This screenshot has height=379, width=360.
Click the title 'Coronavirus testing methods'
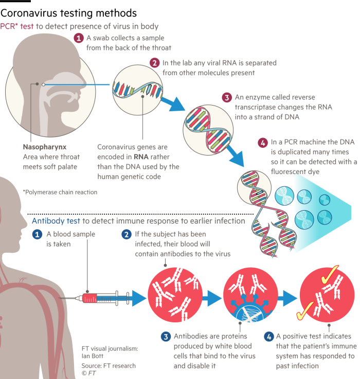pyautogui.click(x=68, y=13)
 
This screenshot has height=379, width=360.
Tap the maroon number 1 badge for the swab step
pyautogui.click(x=79, y=38)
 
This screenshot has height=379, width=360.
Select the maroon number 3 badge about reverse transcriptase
pyautogui.click(x=227, y=97)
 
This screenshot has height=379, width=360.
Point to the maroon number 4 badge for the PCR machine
pyautogui.click(x=263, y=143)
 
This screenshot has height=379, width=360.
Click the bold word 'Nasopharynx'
pyautogui.click(x=45, y=147)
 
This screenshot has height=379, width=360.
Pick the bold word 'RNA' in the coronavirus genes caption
pyautogui.click(x=141, y=157)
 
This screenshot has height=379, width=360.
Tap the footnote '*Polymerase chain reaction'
pyautogui.click(x=60, y=192)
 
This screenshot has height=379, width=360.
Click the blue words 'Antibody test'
pyautogui.click(x=56, y=221)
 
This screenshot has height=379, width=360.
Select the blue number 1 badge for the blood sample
pyautogui.click(x=37, y=234)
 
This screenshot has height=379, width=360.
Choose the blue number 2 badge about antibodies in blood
pyautogui.click(x=127, y=234)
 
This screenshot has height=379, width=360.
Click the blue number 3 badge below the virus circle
pyautogui.click(x=166, y=337)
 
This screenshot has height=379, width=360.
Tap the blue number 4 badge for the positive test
pyautogui.click(x=269, y=337)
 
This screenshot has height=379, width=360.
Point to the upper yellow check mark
pyautogui.click(x=330, y=274)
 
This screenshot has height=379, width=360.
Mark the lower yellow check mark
pyautogui.click(x=305, y=311)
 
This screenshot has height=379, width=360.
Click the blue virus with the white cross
pyautogui.click(x=251, y=310)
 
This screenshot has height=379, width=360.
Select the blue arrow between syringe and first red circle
pyautogui.click(x=139, y=298)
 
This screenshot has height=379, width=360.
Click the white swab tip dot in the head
pyautogui.click(x=44, y=84)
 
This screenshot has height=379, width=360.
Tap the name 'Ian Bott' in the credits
pyautogui.click(x=93, y=356)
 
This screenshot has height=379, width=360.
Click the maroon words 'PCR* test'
pyautogui.click(x=16, y=26)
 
